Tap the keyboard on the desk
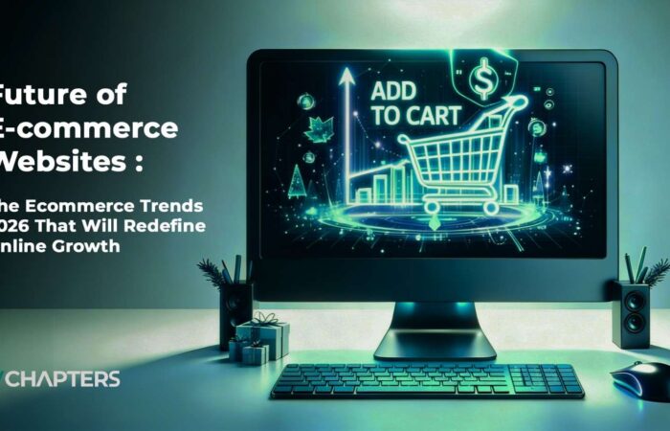pyautogui.click(x=426, y=380)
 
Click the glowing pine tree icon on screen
pyautogui.click(x=297, y=179)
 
